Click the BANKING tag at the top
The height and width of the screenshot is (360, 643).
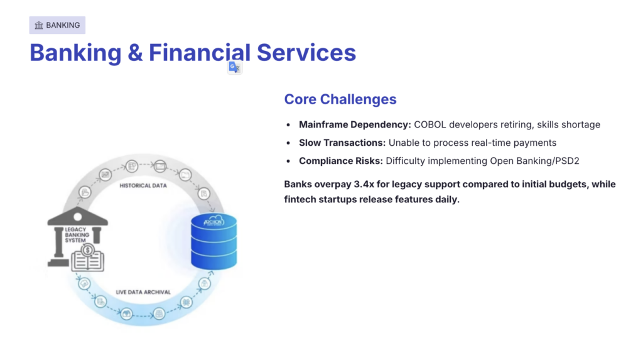[57, 25]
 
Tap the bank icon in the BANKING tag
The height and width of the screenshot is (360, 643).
[39, 25]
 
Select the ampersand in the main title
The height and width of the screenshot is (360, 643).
[135, 53]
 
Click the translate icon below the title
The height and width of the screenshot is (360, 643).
[234, 67]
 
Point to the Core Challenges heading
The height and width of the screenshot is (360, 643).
[340, 99]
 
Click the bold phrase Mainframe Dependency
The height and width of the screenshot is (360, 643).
[354, 124]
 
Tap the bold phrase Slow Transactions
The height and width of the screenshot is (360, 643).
[342, 143]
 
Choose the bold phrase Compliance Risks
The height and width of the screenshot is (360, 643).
[340, 161]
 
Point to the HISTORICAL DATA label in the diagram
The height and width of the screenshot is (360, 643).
[143, 186]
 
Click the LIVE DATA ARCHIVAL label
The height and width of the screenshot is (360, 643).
[144, 292]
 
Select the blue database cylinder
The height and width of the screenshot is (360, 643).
[213, 241]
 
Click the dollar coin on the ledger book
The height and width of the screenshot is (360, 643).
[88, 251]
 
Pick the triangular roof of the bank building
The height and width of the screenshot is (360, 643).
[77, 216]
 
